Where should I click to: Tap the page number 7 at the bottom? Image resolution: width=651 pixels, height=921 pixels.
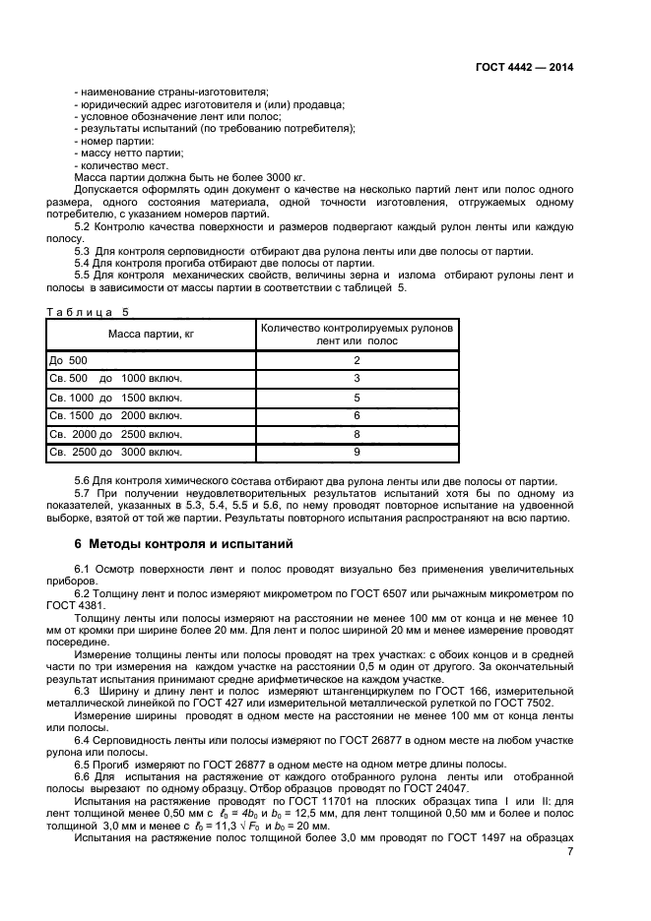570,851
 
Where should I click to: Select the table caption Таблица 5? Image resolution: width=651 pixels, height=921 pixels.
88,313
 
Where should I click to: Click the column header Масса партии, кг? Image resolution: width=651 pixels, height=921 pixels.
151,335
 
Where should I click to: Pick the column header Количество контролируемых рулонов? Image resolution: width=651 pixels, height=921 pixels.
357,329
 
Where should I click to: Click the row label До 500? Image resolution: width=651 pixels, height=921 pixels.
68,360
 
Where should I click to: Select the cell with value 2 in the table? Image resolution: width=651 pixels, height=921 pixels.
357,360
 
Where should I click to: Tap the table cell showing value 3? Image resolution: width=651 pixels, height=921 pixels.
357,379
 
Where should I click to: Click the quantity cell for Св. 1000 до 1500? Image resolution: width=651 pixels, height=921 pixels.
357,398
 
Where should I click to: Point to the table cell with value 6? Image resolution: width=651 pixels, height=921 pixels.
357,416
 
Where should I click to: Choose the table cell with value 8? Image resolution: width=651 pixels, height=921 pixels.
357,434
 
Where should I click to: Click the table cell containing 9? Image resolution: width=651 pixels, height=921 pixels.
357,453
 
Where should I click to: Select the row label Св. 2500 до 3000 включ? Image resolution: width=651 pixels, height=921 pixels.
116,453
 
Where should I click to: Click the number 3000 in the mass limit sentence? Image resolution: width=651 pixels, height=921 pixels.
213,178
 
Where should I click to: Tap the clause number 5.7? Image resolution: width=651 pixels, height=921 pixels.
84,491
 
